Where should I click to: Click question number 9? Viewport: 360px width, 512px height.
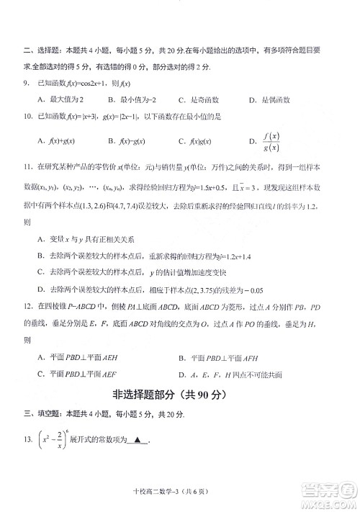[26, 85]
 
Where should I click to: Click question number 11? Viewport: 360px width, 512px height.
[27, 167]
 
